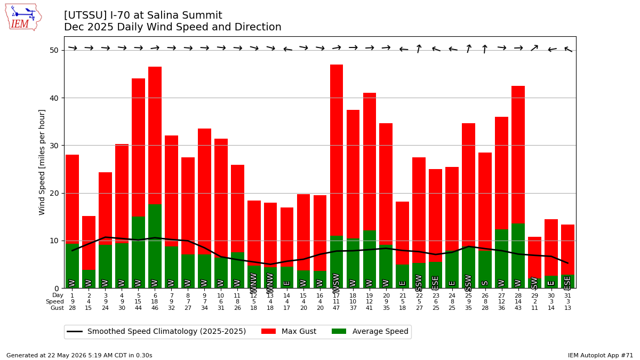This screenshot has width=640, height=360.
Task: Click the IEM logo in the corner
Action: (23, 18)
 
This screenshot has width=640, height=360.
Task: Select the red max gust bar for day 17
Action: (337, 150)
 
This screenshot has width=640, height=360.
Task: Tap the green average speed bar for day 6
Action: (155, 246)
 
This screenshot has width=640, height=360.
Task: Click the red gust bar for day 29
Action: (534, 257)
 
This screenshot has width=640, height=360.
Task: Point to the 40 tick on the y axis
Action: (54, 98)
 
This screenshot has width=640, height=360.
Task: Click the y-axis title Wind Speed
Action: (42, 162)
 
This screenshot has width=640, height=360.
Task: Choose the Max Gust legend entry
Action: (289, 331)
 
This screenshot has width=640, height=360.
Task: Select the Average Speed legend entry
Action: (370, 331)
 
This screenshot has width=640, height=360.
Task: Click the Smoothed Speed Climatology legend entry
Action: (156, 331)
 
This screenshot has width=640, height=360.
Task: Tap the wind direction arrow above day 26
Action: (485, 49)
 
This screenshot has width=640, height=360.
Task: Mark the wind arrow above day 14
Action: (287, 49)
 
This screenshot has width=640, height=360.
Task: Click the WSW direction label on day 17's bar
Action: (337, 283)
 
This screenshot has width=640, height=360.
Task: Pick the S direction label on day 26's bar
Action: (485, 283)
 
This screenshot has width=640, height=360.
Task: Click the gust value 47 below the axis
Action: (337, 308)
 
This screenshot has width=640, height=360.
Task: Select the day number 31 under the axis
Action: (567, 295)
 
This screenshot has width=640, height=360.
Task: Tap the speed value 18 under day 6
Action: (155, 302)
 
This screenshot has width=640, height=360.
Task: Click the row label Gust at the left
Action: (57, 308)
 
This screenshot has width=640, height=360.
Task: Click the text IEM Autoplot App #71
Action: (601, 355)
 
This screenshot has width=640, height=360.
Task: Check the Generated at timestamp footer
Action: (79, 355)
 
